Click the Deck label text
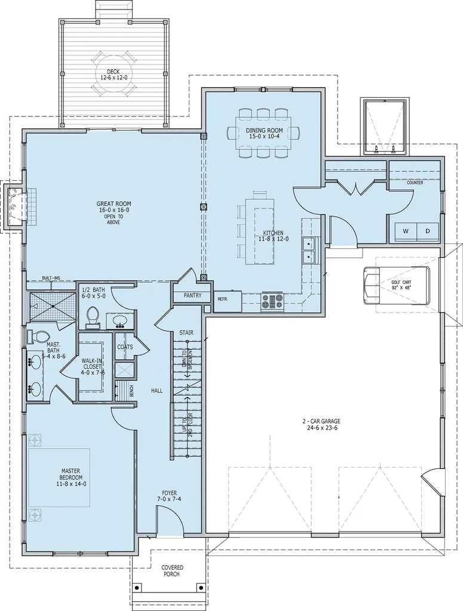pyautogui.click(x=113, y=74)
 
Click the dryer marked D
pyautogui.click(x=427, y=231)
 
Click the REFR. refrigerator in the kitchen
pyautogui.click(x=223, y=300)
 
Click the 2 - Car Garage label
pyautogui.click(x=321, y=424)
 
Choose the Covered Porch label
pyautogui.click(x=172, y=571)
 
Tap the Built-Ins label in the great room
pyautogui.click(x=51, y=278)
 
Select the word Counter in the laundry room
pyautogui.click(x=415, y=183)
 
